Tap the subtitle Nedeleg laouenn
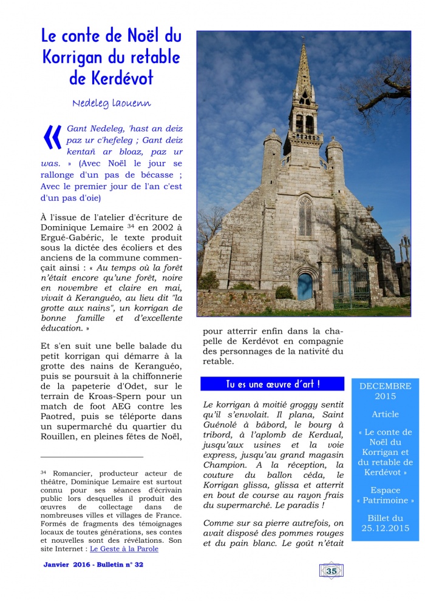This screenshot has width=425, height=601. (x=111, y=103)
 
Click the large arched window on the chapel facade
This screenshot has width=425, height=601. (x=305, y=217)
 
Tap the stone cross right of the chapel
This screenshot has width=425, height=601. (x=404, y=249)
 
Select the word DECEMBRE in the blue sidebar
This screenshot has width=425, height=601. (x=385, y=386)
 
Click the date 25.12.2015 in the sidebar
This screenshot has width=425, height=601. (x=385, y=528)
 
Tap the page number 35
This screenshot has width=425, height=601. (x=331, y=571)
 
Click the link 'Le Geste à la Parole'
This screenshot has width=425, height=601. (x=124, y=549)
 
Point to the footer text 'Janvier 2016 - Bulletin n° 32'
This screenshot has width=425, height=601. (x=93, y=565)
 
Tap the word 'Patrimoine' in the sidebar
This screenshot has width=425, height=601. (x=385, y=501)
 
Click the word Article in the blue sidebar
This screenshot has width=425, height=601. (x=385, y=414)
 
